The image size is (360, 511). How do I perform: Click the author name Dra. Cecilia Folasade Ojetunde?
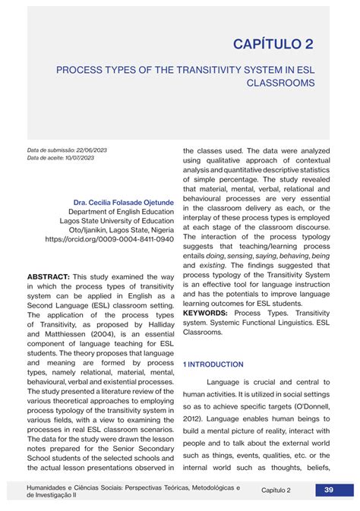[123, 203]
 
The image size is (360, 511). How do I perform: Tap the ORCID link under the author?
[109, 239]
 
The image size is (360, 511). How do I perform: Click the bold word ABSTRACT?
[49, 277]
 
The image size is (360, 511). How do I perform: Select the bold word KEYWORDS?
[206, 313]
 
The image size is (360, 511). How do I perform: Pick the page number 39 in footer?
[329, 490]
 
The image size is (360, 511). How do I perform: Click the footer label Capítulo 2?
[276, 490]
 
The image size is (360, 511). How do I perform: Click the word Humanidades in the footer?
[49, 487]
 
